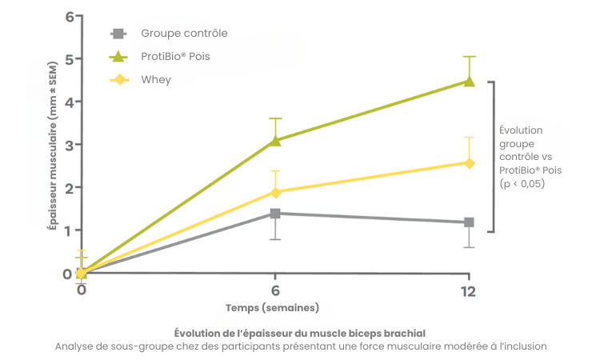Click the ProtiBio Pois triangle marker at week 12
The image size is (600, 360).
(x=469, y=81)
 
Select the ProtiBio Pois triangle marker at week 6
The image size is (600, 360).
(x=275, y=140)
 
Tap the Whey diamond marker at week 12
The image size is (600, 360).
(x=469, y=163)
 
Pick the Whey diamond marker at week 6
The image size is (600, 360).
(x=275, y=192)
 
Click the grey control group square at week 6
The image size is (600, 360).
(x=275, y=214)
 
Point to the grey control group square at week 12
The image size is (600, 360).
(x=469, y=222)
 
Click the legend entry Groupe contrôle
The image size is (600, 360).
(x=184, y=34)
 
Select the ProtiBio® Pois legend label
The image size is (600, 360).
(x=182, y=57)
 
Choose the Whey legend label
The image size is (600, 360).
(x=156, y=80)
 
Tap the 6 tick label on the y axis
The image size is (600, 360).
(x=69, y=17)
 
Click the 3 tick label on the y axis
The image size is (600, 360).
(x=69, y=145)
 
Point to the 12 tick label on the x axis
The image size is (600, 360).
(x=469, y=290)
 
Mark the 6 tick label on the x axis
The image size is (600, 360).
(x=275, y=290)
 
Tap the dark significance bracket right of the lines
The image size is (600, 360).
(x=495, y=156)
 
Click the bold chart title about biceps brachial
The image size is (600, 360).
(x=299, y=332)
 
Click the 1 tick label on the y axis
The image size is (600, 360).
(x=69, y=230)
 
